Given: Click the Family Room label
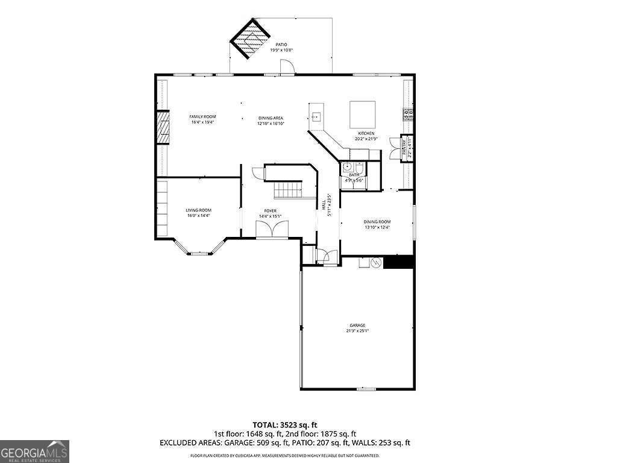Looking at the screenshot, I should (x=202, y=116).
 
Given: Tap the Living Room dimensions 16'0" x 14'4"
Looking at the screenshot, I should (x=198, y=215).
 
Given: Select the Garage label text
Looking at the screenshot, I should (x=357, y=326).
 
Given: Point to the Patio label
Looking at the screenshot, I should (x=281, y=45).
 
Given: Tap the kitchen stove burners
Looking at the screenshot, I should (x=408, y=113).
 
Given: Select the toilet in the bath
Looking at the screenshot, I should (x=360, y=168).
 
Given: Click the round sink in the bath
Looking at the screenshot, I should (x=348, y=168).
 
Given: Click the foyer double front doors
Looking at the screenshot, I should (x=272, y=230).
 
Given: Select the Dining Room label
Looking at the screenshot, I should (x=377, y=222).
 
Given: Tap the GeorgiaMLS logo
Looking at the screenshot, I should (x=34, y=451).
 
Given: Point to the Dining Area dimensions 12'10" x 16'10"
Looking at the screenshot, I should (x=271, y=124).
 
